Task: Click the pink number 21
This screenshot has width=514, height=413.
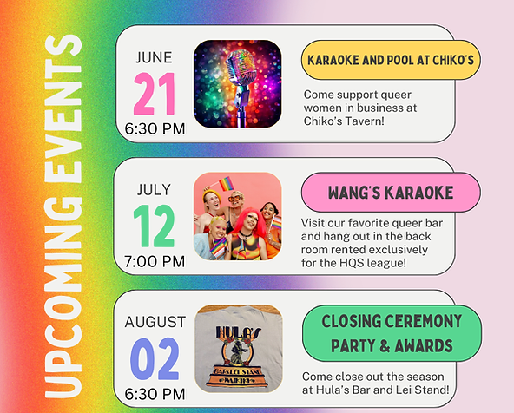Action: (155, 94)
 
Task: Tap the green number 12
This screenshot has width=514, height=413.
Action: (154, 226)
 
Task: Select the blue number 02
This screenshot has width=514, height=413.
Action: (155, 358)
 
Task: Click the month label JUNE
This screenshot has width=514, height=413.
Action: (154, 57)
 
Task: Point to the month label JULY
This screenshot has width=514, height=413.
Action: (154, 190)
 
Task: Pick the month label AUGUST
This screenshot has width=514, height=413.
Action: (155, 322)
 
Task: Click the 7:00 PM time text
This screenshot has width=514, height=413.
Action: (155, 261)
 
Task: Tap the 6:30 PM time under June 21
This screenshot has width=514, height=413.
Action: (155, 128)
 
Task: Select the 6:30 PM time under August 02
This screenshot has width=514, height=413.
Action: (155, 394)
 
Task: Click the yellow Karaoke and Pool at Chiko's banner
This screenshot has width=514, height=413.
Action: (391, 60)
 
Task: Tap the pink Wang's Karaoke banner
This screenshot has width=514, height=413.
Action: (391, 193)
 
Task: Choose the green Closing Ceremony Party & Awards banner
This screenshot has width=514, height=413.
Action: (392, 333)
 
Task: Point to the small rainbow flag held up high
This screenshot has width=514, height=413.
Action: (227, 183)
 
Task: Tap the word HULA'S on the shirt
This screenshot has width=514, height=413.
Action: (238, 332)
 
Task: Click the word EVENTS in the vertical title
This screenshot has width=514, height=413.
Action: (63, 108)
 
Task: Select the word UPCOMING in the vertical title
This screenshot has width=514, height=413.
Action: (63, 298)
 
